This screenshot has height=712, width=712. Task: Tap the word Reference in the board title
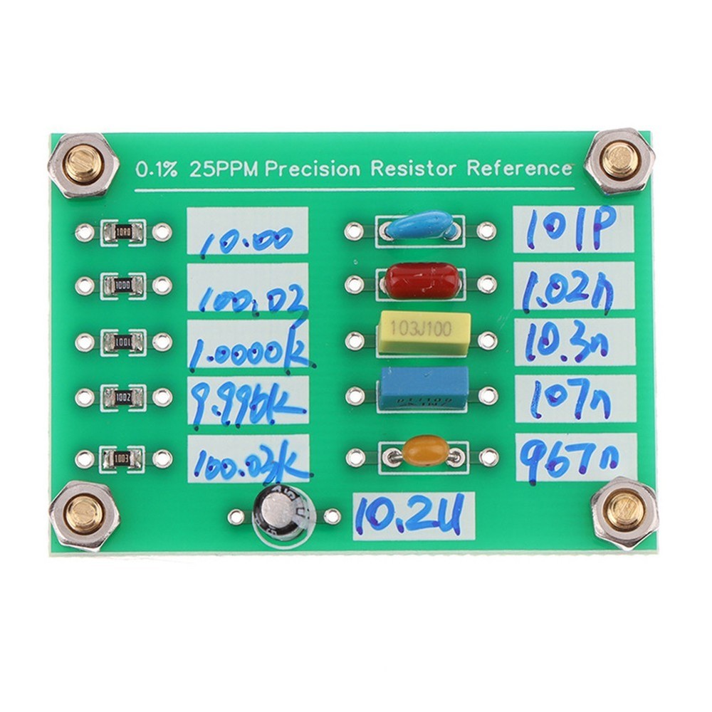point(520,169)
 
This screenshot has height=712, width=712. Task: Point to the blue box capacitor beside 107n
point(424,388)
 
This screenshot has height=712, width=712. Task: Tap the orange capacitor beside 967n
point(425,451)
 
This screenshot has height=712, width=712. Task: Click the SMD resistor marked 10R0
point(122,231)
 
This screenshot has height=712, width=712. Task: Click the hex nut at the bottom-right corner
point(624,511)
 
